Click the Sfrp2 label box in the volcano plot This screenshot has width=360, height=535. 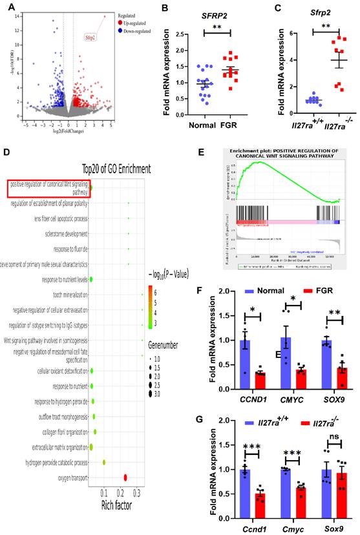[89, 37]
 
